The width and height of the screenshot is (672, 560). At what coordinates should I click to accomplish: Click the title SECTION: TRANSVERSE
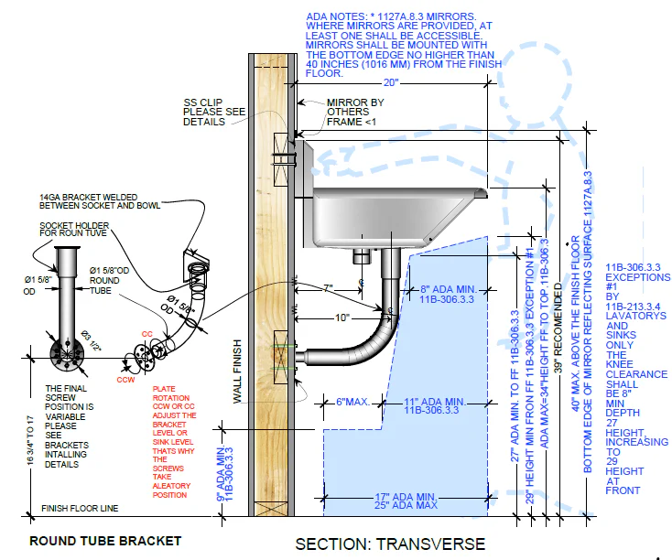click(x=390, y=544)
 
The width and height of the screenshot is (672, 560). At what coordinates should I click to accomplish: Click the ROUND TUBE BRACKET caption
click(x=105, y=541)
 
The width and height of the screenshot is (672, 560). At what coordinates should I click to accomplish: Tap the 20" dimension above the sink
click(x=392, y=81)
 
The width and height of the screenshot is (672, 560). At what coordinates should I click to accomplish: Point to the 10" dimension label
click(x=342, y=318)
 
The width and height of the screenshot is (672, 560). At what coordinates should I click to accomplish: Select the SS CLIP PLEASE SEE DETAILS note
click(x=214, y=111)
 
